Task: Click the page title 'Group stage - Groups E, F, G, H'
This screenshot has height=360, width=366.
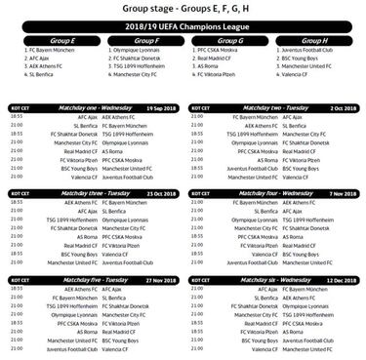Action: pos(183,9)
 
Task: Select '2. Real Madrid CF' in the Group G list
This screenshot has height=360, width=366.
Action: pos(218,58)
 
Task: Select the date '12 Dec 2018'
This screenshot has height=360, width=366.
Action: pos(339,279)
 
